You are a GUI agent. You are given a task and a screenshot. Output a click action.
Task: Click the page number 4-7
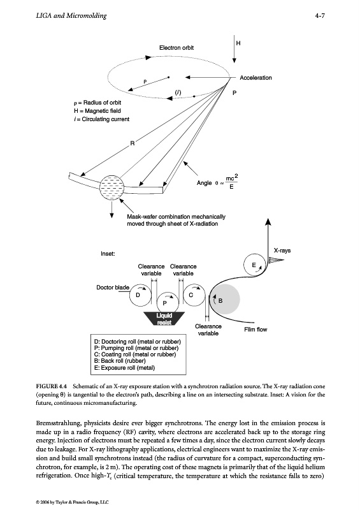point(320,15)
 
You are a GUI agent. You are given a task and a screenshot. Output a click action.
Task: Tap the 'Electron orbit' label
point(176,48)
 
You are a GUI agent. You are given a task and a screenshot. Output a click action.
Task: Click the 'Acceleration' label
point(256,78)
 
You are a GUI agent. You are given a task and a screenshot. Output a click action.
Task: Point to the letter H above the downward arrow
point(238,43)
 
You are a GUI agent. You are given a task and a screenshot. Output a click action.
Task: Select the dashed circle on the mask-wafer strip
point(112,187)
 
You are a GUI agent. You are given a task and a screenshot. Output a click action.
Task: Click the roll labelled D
point(140,295)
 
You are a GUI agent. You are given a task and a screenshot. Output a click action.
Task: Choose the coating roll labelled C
point(194,295)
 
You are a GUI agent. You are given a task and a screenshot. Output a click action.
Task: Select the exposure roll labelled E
point(255,265)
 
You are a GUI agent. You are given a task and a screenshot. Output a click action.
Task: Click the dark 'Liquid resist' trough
point(164,319)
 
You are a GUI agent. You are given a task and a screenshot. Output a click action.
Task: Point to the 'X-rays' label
point(282,251)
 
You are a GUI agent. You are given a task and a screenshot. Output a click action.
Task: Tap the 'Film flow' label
point(256,330)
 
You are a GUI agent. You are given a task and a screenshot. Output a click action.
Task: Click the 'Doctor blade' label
point(113,288)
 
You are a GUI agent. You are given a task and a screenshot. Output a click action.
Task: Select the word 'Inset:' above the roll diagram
point(108,254)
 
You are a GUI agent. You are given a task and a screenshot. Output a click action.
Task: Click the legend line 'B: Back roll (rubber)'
point(120,361)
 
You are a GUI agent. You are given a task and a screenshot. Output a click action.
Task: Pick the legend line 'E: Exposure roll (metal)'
point(124,368)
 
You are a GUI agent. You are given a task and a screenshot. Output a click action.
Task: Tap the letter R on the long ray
point(133,143)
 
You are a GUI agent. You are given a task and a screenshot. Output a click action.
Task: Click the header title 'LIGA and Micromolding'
point(71,15)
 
